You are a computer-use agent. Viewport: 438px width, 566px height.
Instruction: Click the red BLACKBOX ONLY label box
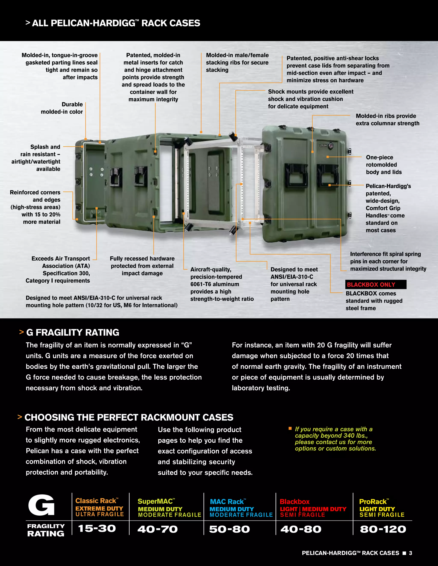pyautogui.click(x=376, y=284)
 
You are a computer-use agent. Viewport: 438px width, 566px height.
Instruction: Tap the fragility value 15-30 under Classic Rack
pyautogui.click(x=97, y=528)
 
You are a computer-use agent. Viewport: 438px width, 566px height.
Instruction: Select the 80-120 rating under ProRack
pyautogui.click(x=383, y=529)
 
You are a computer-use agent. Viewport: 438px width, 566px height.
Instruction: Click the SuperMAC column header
pyautogui.click(x=156, y=501)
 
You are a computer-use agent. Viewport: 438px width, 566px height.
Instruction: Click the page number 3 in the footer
pyautogui.click(x=410, y=553)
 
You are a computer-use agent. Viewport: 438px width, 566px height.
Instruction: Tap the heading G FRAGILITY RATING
pyautogui.click(x=73, y=333)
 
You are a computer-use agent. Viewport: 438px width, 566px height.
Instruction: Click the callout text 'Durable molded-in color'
pyautogui.click(x=62, y=108)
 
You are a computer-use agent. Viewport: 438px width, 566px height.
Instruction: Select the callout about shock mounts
pyautogui.click(x=310, y=99)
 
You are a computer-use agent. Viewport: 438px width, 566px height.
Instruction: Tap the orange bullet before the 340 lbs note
pyautogui.click(x=290, y=428)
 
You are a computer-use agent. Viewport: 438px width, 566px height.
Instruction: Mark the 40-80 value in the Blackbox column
pyautogui.click(x=301, y=529)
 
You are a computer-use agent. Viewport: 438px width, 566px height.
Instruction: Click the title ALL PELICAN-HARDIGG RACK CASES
pyautogui.click(x=116, y=23)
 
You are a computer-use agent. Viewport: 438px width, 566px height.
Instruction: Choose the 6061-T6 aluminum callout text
pyautogui.click(x=222, y=284)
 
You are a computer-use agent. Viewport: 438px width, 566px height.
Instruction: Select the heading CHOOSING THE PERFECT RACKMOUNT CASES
pyautogui.click(x=129, y=417)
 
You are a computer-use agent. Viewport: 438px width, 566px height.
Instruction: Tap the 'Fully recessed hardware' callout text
pyautogui.click(x=142, y=266)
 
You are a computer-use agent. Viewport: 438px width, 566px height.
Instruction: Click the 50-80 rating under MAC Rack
pyautogui.click(x=229, y=529)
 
